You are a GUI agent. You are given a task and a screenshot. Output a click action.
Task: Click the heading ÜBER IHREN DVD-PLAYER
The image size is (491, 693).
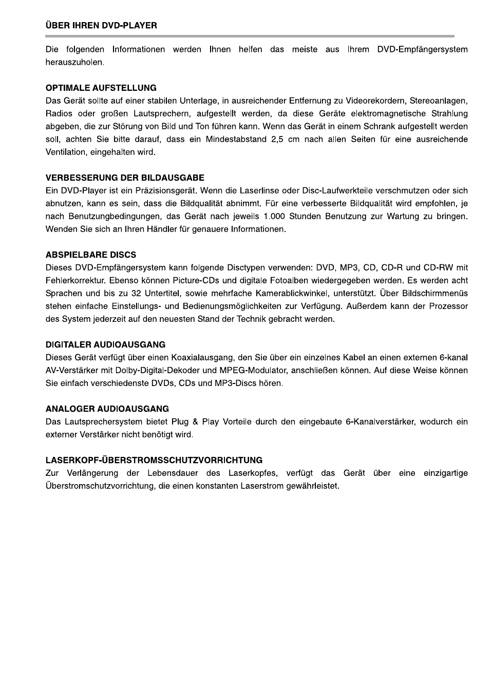(x=101, y=25)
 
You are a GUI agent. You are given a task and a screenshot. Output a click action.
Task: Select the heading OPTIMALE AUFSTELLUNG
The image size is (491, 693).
(x=101, y=88)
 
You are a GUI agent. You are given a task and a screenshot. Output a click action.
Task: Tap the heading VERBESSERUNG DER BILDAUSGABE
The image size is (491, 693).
(x=125, y=178)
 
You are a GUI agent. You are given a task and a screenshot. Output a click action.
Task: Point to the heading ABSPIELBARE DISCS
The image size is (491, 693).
(x=91, y=255)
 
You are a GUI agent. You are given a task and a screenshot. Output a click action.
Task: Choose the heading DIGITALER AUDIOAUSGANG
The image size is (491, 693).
(x=105, y=344)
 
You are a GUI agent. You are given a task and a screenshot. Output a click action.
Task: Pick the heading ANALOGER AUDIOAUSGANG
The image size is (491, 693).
(x=107, y=409)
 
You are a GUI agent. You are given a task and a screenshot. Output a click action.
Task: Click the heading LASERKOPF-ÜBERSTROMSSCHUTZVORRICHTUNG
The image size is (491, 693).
(x=154, y=460)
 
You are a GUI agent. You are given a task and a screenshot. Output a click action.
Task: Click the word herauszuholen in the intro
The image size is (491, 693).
(x=74, y=63)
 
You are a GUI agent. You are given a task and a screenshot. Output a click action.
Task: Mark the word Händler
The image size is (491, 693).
(x=161, y=229)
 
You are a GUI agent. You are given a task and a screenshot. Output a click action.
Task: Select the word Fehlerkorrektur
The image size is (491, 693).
(x=75, y=280)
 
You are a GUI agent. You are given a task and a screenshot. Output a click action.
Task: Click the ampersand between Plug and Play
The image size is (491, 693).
(x=195, y=421)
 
